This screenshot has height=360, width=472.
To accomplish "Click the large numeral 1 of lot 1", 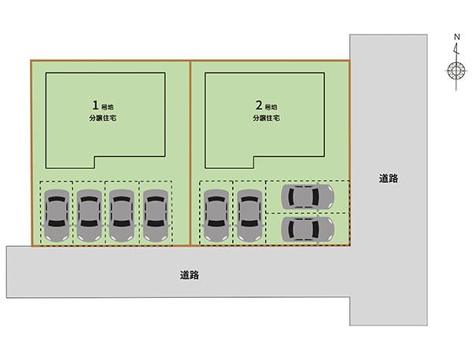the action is tap(95, 105).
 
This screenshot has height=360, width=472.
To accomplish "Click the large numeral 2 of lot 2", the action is tap(259, 105).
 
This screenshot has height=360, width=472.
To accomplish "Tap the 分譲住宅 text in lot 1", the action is tap(102, 119).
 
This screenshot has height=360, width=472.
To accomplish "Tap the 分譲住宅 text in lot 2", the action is tap(266, 119).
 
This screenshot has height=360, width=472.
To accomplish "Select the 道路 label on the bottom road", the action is tap(189, 275).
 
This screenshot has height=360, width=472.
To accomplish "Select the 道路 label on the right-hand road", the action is tap(388, 179).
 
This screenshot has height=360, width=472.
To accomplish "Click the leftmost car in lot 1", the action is tap(56, 215).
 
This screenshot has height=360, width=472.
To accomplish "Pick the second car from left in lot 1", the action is tap(88, 215).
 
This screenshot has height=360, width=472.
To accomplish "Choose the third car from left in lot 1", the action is tap(120, 215).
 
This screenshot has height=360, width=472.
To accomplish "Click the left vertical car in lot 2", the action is tap(216, 215).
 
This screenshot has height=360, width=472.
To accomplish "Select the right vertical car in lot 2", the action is tap(249, 215).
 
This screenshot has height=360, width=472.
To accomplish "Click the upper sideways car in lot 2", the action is tap(308, 197).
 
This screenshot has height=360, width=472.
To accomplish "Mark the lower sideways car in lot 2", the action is tap(308, 229).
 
